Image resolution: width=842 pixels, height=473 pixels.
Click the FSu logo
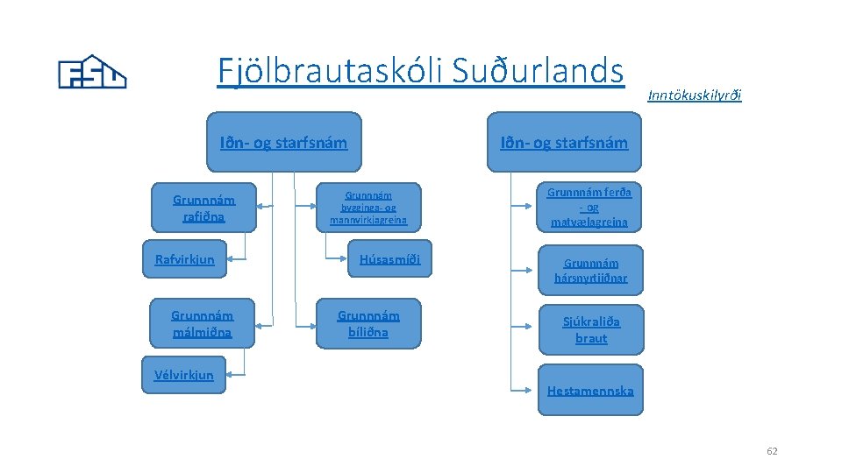click(92, 72)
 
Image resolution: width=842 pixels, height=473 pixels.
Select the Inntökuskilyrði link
click(694, 95)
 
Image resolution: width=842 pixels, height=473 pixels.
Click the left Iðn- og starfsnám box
click(283, 142)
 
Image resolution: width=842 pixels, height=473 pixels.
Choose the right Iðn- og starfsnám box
click(564, 142)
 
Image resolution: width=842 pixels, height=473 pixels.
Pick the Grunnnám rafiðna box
click(204, 208)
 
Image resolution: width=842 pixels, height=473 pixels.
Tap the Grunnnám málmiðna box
click(203, 323)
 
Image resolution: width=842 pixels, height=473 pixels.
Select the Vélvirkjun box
click(184, 375)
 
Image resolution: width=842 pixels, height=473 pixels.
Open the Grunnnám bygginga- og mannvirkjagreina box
click(368, 208)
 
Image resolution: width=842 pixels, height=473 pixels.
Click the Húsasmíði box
click(389, 258)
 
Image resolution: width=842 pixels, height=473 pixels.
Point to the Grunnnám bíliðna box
click(368, 323)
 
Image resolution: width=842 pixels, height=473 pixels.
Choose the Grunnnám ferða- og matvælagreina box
click(589, 207)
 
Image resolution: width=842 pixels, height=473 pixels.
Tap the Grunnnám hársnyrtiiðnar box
click(590, 270)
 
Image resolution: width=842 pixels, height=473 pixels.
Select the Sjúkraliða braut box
click(590, 329)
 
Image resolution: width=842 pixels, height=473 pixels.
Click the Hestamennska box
click(590, 390)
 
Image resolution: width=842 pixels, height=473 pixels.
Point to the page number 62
click(772, 451)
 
